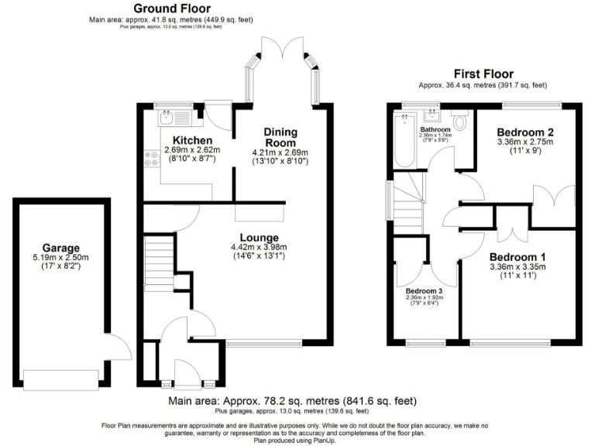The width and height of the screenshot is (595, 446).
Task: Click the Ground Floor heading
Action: [x=170, y=9]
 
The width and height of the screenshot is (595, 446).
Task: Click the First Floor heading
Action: [x=482, y=75]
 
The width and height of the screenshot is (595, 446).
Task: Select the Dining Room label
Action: [x=280, y=137]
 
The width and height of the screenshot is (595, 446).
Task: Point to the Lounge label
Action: [x=260, y=237]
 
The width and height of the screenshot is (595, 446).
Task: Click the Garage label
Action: [x=61, y=247]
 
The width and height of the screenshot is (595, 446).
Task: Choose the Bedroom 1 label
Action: [x=518, y=257]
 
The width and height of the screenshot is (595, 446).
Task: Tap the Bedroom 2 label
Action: [x=524, y=131]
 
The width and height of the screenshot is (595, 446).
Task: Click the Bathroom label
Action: [x=435, y=129]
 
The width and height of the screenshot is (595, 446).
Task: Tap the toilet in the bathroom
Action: [x=460, y=122]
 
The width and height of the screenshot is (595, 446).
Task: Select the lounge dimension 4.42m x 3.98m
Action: [x=260, y=247]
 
